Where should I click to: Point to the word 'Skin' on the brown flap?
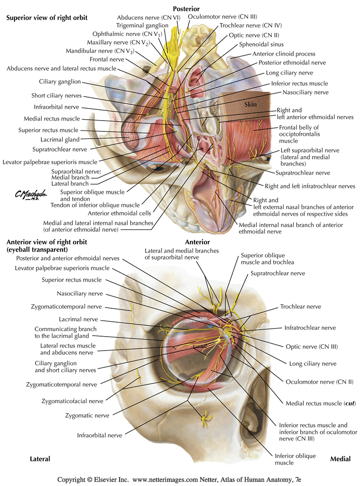click(x=250, y=104)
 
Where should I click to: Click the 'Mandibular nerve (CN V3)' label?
click(x=100, y=51)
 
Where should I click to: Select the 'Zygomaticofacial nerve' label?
click(x=72, y=400)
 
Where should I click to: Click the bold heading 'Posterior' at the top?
click(x=186, y=9)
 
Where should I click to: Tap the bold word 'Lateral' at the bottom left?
click(x=40, y=459)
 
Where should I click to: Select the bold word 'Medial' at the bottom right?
click(x=340, y=459)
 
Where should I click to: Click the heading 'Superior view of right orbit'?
click(x=47, y=18)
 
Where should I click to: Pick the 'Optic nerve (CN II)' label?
click(x=254, y=35)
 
